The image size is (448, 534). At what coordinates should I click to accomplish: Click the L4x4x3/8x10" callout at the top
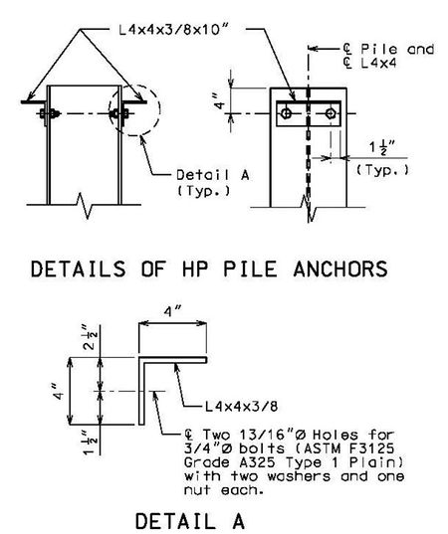point(174,30)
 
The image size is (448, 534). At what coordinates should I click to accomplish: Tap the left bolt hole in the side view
point(287,113)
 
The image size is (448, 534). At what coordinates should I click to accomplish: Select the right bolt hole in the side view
point(331,113)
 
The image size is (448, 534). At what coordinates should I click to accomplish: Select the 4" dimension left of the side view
point(220,101)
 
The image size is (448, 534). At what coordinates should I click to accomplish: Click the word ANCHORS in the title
point(339,268)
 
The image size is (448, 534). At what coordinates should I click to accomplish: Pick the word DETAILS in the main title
point(78,268)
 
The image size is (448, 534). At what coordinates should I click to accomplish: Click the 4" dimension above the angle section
point(172,311)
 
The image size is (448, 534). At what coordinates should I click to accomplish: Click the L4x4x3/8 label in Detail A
point(241,407)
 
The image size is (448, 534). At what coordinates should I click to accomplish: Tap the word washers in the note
point(299,476)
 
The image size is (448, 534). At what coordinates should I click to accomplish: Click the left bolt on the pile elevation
point(50,113)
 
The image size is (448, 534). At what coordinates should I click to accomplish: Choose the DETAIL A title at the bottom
point(190,521)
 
